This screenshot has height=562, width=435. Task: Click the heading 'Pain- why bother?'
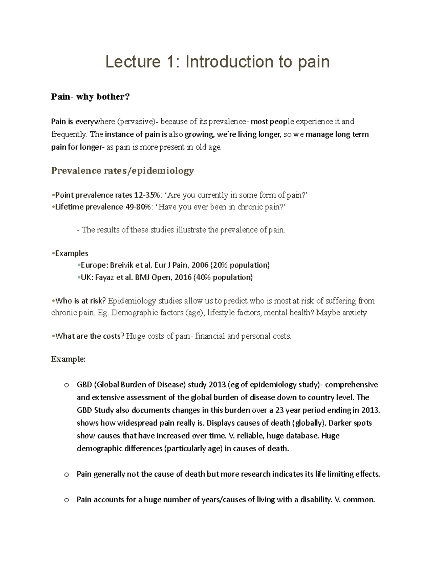click(x=90, y=97)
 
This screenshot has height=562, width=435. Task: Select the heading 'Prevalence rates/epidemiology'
click(x=123, y=170)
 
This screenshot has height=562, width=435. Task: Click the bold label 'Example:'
click(x=68, y=359)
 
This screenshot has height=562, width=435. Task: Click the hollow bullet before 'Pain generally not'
click(x=66, y=474)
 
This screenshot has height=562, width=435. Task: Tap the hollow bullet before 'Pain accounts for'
click(x=66, y=500)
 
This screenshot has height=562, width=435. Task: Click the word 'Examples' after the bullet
click(x=71, y=253)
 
